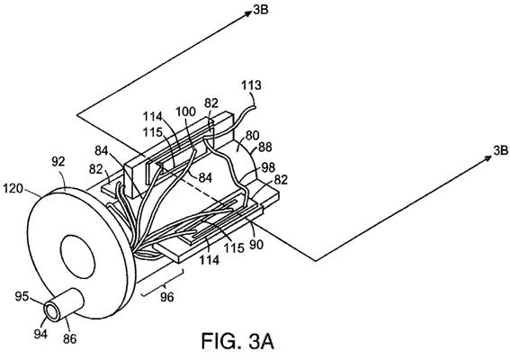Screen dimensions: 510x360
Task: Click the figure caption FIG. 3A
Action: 237,341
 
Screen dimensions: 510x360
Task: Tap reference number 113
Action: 251,85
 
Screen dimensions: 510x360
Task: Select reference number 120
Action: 13,188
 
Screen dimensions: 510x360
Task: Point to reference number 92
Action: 58,162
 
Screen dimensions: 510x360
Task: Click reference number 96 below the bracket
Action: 167,297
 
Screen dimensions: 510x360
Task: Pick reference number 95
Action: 22,296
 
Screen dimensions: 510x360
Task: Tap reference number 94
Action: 40,334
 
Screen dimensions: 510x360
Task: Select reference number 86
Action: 69,338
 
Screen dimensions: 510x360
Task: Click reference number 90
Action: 256,244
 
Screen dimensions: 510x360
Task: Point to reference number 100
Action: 185,112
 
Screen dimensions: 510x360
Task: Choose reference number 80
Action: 252,136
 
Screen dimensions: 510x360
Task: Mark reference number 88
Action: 265,147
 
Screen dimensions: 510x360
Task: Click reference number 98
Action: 269,167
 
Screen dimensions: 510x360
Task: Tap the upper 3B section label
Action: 261,10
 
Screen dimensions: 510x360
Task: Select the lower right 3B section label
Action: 501,150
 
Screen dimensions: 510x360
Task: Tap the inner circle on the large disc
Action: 77,257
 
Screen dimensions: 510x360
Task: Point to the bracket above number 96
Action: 162,283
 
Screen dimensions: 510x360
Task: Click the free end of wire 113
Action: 255,104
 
